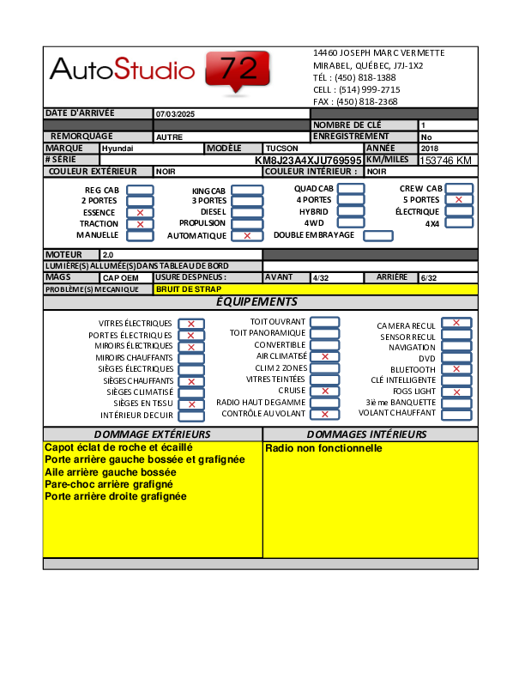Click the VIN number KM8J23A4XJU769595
click(x=308, y=161)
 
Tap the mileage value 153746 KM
click(x=446, y=161)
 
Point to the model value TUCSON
click(x=282, y=149)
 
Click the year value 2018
click(x=429, y=149)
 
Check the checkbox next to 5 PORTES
click(x=459, y=200)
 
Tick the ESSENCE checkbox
click(x=140, y=212)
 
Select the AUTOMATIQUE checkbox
click(x=247, y=235)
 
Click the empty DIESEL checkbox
click(x=247, y=212)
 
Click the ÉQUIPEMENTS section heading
click(x=256, y=302)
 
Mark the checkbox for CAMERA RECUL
click(x=456, y=323)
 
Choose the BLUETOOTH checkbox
click(x=456, y=369)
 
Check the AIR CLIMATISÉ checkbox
click(x=324, y=355)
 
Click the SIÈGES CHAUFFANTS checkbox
click(x=191, y=381)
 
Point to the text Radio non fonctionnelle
click(x=323, y=448)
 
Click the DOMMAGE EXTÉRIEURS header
click(x=152, y=434)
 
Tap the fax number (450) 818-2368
click(x=366, y=101)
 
